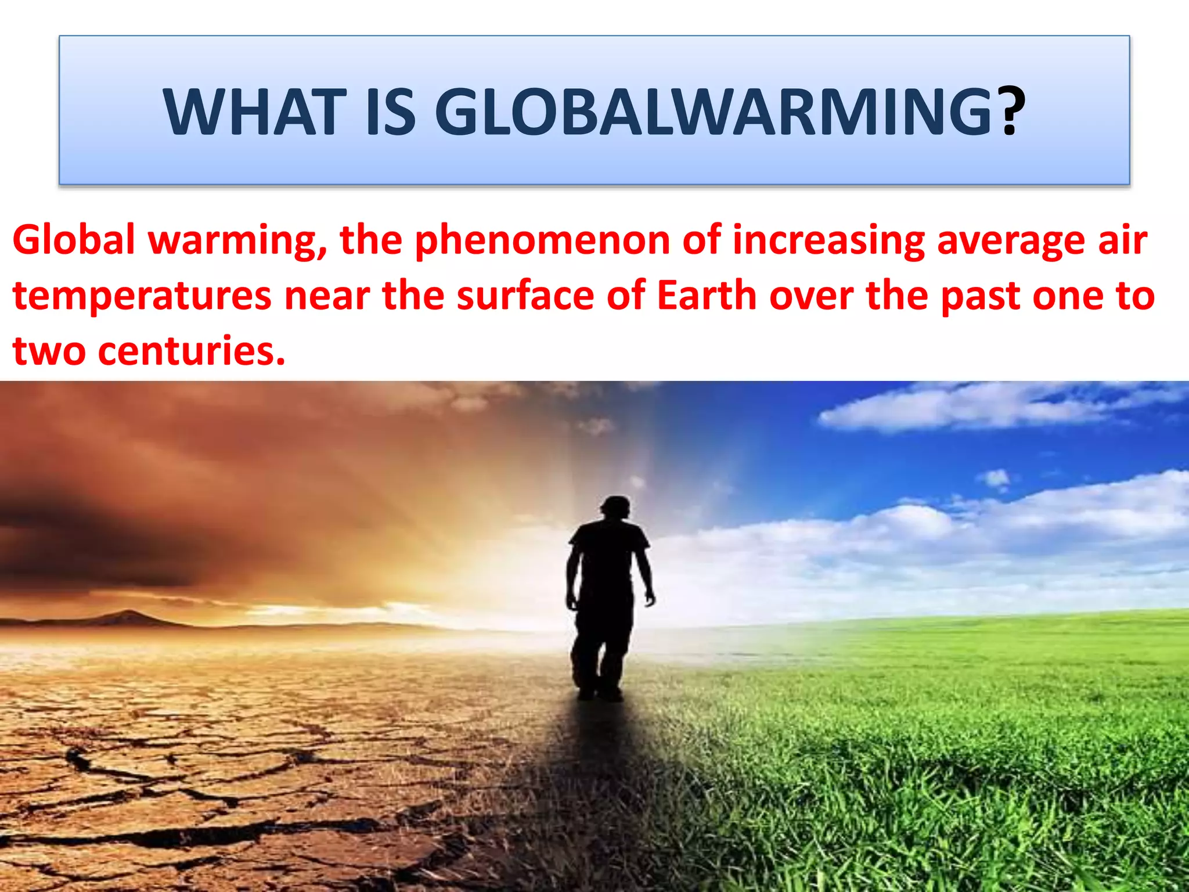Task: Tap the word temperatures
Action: tap(142, 296)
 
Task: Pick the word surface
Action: tap(525, 296)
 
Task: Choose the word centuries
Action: tap(192, 351)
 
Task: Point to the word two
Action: tap(49, 351)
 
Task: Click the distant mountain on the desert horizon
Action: tap(125, 617)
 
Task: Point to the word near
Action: tap(326, 296)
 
